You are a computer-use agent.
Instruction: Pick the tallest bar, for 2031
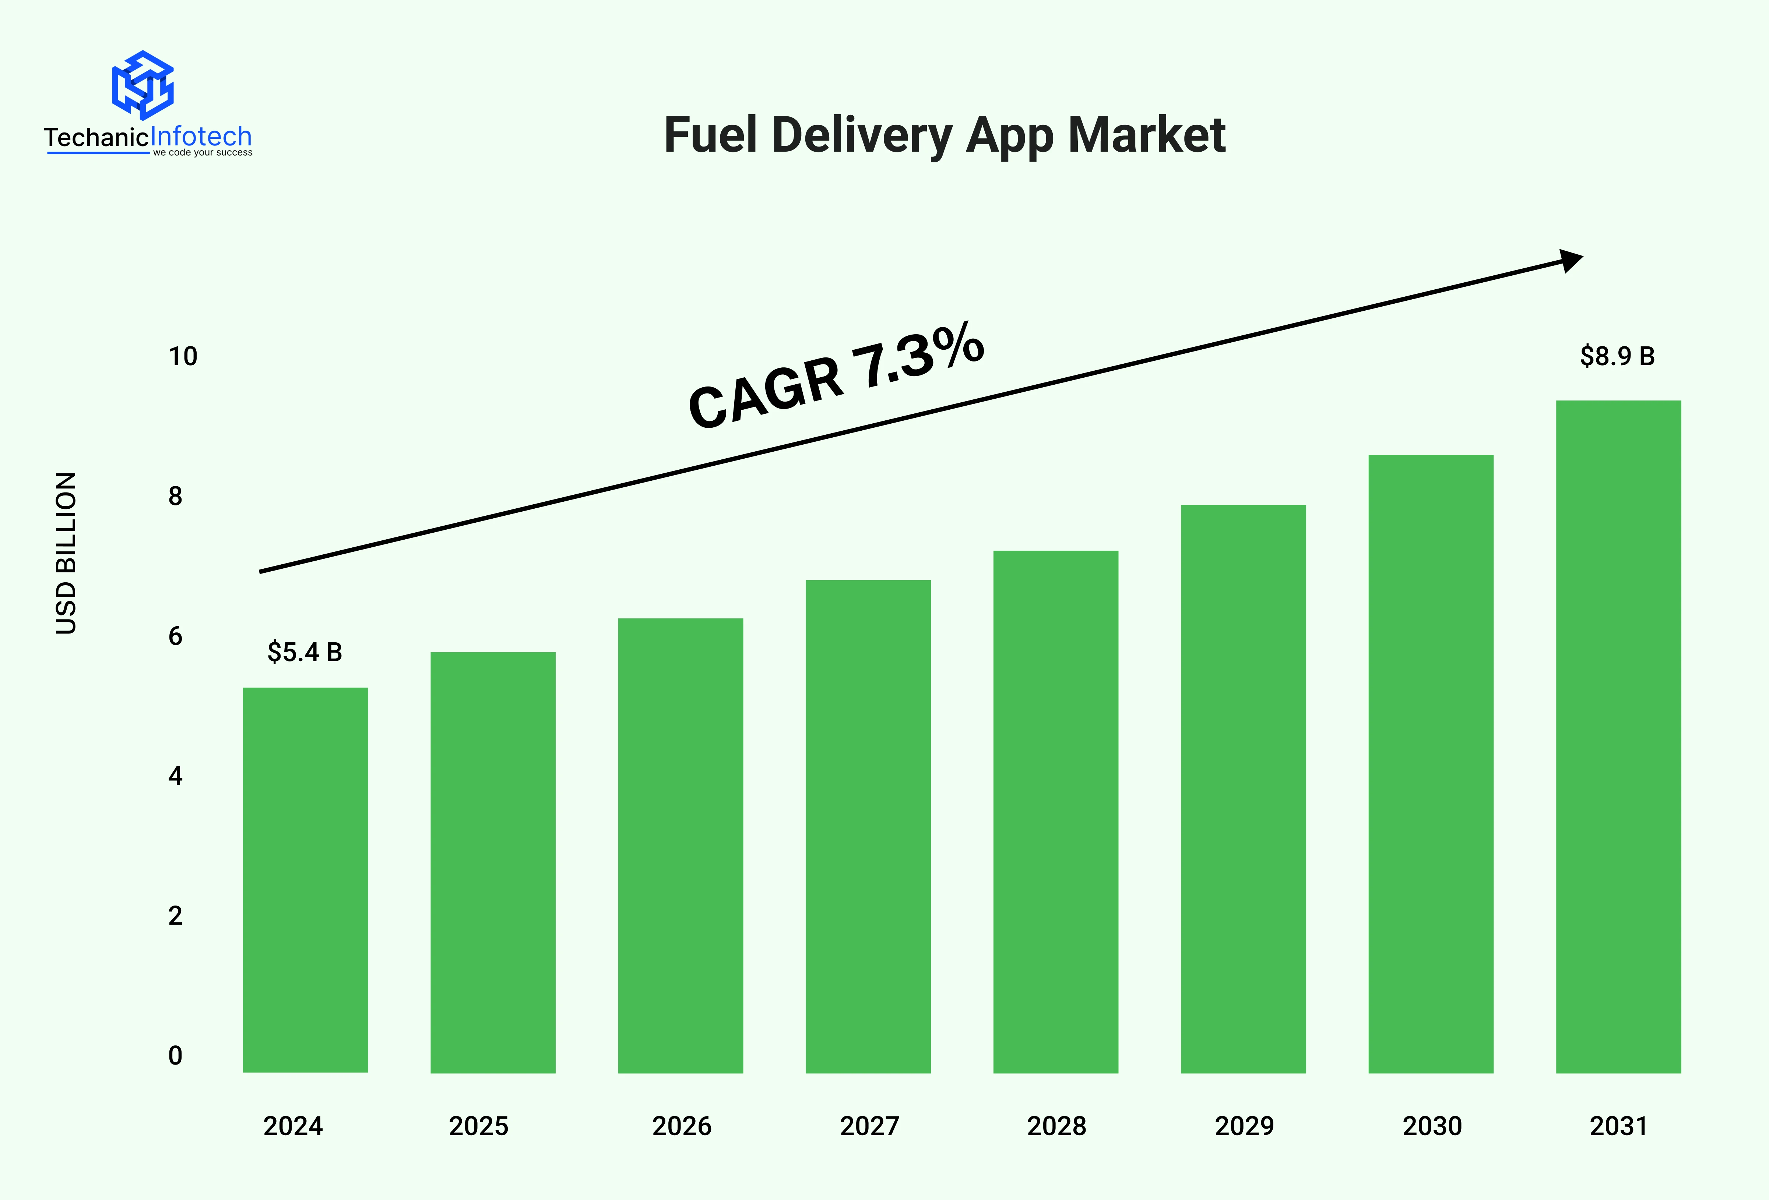(x=1618, y=737)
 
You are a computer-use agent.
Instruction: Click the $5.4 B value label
(x=305, y=652)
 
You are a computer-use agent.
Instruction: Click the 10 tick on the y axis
(x=183, y=356)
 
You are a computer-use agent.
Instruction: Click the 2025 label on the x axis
(x=478, y=1126)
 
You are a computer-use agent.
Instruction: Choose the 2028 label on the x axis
(x=1056, y=1126)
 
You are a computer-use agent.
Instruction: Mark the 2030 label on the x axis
(x=1432, y=1126)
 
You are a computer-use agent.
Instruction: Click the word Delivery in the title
(x=862, y=135)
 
